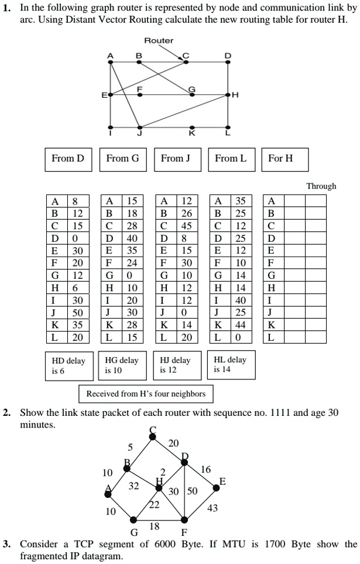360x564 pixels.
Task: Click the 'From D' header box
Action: click(x=68, y=159)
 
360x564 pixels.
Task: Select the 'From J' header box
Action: click(x=177, y=159)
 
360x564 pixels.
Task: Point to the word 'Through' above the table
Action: click(x=321, y=186)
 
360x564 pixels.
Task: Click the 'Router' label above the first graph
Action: click(x=159, y=40)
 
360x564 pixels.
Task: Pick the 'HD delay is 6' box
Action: click(x=67, y=365)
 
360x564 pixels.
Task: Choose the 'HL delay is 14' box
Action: click(x=230, y=365)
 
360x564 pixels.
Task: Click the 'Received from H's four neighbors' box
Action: click(x=146, y=394)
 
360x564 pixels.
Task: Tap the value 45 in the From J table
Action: click(x=186, y=225)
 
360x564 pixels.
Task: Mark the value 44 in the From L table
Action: click(x=240, y=326)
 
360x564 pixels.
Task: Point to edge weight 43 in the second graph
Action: click(x=212, y=508)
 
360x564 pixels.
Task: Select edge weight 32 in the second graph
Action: click(x=135, y=486)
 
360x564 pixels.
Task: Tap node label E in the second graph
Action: click(x=222, y=481)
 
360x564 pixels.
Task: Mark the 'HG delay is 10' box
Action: click(x=122, y=365)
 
